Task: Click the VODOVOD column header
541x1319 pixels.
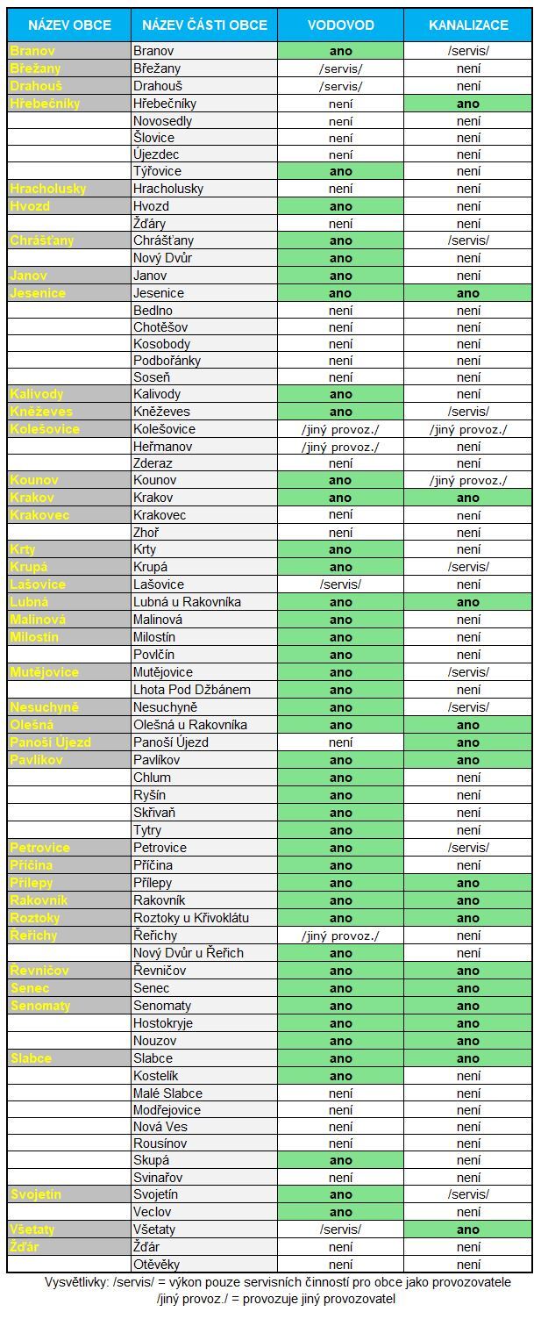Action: [340, 25]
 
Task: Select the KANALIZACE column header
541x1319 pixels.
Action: [468, 25]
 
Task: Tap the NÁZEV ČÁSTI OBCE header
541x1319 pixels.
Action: [204, 25]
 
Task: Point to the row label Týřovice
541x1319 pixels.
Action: [158, 171]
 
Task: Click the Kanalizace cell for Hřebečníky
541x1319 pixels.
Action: [468, 104]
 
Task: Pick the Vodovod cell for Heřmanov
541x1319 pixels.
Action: [340, 447]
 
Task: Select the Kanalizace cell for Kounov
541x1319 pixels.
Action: [468, 481]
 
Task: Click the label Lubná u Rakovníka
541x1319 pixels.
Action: [187, 602]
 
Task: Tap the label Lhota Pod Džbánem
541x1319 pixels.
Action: [191, 690]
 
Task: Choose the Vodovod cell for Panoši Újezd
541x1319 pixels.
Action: [340, 742]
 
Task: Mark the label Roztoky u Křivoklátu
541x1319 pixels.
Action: [191, 918]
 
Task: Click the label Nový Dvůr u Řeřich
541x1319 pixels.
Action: [189, 953]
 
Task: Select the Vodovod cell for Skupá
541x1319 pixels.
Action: [340, 1160]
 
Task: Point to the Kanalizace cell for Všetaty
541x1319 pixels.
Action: [468, 1229]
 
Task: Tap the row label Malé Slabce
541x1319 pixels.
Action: [167, 1093]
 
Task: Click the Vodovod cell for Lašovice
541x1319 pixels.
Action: [340, 584]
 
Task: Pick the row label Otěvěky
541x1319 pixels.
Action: [156, 1265]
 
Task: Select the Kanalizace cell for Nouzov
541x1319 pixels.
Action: [468, 1041]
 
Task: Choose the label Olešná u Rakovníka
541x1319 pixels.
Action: [190, 725]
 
